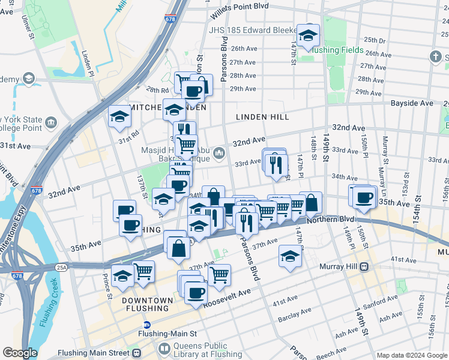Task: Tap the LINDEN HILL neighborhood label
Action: (262, 117)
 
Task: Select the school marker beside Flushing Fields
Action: (309, 37)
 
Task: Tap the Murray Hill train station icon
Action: (364, 266)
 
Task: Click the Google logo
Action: (20, 353)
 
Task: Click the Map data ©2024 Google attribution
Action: (412, 355)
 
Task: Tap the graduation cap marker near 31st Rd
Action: (120, 117)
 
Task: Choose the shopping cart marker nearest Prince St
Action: (143, 272)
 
